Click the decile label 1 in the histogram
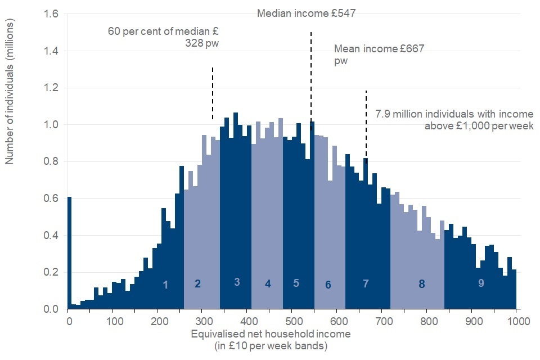coord(165,285)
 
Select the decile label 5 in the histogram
coord(296,283)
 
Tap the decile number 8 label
coord(421,285)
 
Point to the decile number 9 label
coord(481,283)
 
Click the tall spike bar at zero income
coord(69,253)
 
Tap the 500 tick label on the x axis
coord(292,322)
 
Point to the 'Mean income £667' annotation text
coord(379,55)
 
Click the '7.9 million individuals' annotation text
coord(454,119)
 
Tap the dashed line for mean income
coord(366,124)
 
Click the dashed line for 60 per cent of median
coord(213,93)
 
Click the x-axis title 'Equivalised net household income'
coord(271,340)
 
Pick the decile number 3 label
coord(237,282)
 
